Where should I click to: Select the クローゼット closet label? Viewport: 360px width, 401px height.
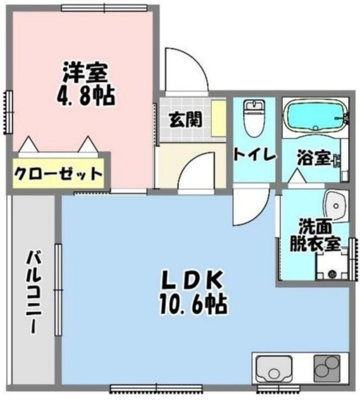pyautogui.click(x=58, y=173)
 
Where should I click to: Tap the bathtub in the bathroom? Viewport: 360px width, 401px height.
pyautogui.click(x=315, y=117)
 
